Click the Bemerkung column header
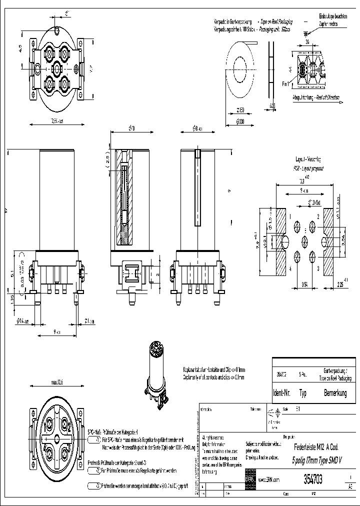point(335,393)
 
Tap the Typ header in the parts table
point(303,393)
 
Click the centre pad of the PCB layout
point(305,241)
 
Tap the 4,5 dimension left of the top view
point(21,48)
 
